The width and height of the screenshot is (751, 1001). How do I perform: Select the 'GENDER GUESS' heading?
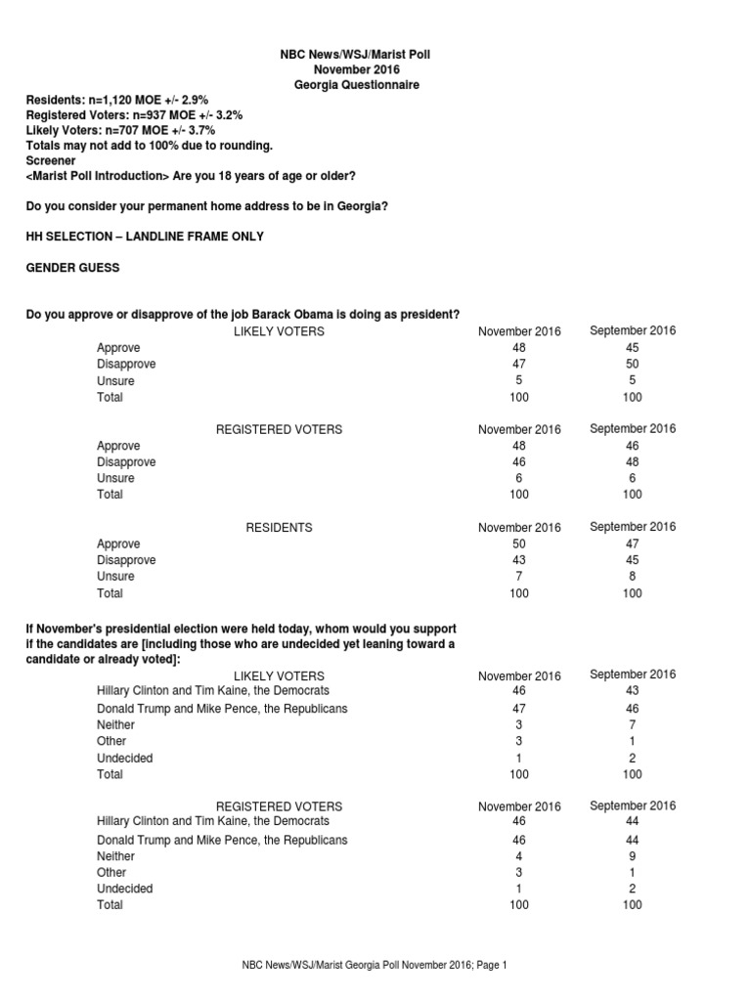point(72,268)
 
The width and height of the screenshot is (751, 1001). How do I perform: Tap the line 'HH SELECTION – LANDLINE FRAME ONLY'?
point(144,237)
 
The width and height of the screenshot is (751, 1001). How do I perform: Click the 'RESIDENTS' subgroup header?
point(279,528)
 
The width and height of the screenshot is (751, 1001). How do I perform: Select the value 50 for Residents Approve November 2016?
point(518,544)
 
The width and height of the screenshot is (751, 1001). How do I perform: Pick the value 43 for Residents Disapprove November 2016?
point(518,560)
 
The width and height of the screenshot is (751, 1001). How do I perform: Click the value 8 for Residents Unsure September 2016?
point(633,577)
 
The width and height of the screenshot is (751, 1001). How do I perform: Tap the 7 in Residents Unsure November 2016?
point(518,577)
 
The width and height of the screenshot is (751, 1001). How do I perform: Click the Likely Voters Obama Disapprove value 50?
point(633,365)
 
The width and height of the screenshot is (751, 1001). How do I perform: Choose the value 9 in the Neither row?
point(633,856)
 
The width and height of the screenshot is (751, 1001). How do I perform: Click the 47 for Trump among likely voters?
point(518,709)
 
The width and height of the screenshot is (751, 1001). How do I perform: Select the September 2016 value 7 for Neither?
point(633,725)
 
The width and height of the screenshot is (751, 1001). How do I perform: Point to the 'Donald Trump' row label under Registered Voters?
point(222,840)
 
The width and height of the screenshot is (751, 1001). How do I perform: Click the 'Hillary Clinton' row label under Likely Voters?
point(212,691)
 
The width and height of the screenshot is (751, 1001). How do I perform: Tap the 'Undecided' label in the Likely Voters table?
point(125,759)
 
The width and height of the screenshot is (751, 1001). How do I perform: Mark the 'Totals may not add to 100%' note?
point(149,146)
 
